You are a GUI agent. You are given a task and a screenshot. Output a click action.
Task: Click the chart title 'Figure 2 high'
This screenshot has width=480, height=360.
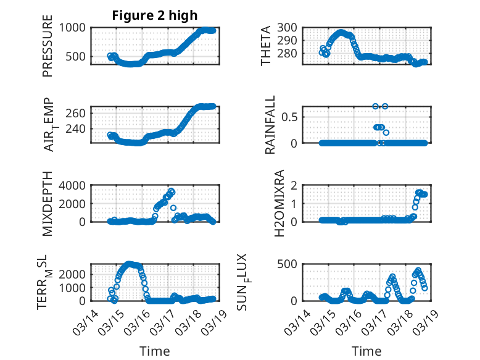click(x=154, y=15)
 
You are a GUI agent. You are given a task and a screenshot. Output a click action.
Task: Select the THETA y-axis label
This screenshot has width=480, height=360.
click(x=267, y=45)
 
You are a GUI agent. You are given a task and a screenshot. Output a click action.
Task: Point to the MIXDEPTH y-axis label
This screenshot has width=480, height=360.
click(x=48, y=203)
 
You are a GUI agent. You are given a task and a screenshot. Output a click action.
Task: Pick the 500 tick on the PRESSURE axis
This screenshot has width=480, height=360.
click(x=78, y=57)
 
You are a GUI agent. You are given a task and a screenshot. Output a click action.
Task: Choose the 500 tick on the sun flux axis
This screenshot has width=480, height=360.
click(x=292, y=264)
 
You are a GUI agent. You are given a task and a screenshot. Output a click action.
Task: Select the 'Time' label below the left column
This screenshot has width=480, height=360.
click(x=155, y=351)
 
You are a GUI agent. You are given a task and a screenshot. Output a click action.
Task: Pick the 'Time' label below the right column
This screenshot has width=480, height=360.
click(x=367, y=351)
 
